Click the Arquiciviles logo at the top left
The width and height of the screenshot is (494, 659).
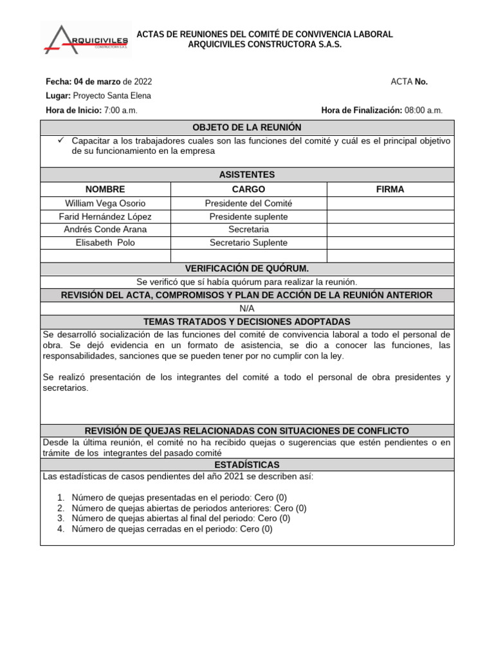86,39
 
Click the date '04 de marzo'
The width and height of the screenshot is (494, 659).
97,82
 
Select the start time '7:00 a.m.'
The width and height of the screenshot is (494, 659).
120,110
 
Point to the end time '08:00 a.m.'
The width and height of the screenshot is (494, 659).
423,110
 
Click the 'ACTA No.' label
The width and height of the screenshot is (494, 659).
409,82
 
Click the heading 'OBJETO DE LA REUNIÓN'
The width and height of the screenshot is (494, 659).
247,127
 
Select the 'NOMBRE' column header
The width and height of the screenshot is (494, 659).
105,189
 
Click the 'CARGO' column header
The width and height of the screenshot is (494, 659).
248,189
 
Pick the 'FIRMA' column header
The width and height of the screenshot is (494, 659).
390,189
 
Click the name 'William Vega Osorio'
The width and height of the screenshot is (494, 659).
105,203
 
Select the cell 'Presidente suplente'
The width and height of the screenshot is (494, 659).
248,216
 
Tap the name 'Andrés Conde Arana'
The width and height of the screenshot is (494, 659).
105,230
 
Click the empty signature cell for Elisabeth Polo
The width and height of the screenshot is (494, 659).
390,243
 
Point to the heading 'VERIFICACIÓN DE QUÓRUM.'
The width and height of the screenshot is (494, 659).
247,269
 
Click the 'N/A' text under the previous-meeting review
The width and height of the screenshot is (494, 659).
247,308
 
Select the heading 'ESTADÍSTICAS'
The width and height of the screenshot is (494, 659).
247,465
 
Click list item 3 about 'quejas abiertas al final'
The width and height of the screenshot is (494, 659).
181,518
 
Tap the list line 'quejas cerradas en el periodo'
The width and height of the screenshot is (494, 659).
172,529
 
